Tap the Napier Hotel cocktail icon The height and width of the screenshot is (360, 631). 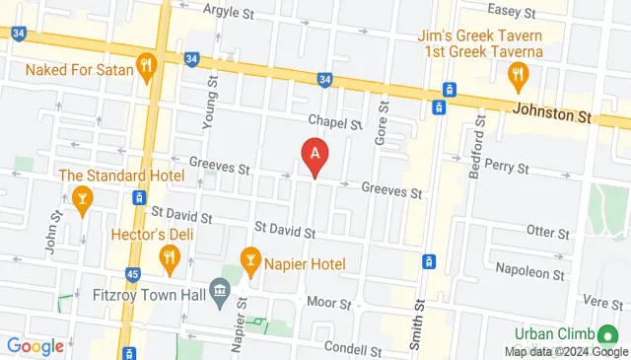click(250, 263)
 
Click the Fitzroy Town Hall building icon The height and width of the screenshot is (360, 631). click(219, 292)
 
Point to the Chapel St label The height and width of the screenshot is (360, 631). click(329, 120)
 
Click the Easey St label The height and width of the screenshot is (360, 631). click(510, 12)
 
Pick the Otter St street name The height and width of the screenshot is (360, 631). click(549, 233)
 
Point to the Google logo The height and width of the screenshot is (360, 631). click(35, 346)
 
